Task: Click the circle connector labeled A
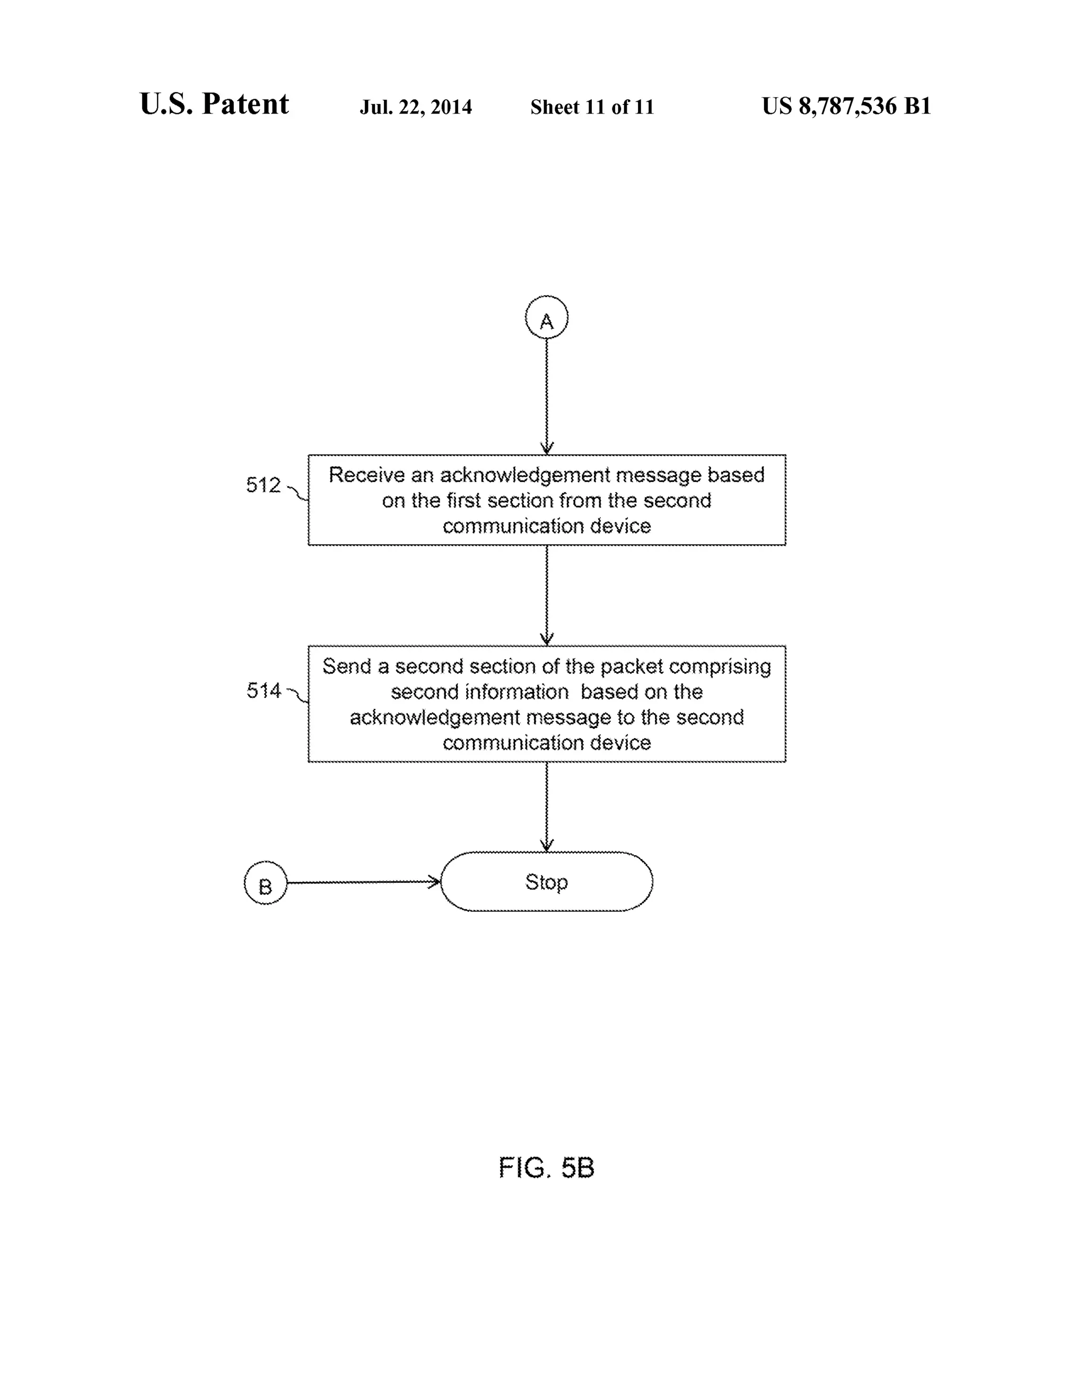[546, 317]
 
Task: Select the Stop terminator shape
[546, 882]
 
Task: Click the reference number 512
[264, 485]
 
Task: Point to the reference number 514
[264, 691]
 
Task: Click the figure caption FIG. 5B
[546, 1168]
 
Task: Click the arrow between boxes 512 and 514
[546, 595]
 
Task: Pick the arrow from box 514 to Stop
[546, 807]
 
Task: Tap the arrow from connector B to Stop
[363, 883]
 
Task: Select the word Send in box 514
[347, 667]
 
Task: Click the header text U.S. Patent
[214, 104]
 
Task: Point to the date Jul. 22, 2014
[415, 107]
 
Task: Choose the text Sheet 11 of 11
[592, 107]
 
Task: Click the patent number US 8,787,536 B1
[846, 106]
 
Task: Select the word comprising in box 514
[720, 667]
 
